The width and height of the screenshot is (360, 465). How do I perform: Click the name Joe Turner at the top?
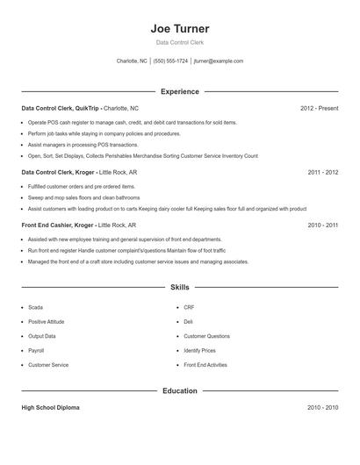[x=180, y=29]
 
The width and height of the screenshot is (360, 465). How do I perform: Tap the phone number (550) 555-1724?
[x=170, y=61]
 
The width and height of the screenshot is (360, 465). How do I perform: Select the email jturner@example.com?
[x=219, y=61]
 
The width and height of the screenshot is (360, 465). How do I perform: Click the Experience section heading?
[x=180, y=91]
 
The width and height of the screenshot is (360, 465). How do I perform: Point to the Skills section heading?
[x=180, y=287]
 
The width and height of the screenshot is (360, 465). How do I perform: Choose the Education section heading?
[x=180, y=390]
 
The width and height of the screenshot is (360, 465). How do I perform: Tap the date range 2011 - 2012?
[x=322, y=173]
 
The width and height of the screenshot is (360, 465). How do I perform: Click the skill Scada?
[x=35, y=308]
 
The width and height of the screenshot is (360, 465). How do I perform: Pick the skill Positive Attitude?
[x=46, y=322]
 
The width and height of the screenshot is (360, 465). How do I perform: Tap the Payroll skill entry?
[x=37, y=350]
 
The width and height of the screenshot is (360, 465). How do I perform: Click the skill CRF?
[x=189, y=308]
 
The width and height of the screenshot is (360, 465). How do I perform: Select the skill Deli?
[x=188, y=322]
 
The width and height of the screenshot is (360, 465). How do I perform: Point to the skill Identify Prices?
[x=199, y=350]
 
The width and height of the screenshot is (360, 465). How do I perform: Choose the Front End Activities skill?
[x=205, y=364]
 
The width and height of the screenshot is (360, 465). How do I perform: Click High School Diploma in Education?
[x=51, y=408]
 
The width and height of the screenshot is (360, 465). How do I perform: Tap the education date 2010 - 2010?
[x=322, y=408]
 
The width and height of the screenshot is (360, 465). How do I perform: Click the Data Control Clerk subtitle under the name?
[x=180, y=42]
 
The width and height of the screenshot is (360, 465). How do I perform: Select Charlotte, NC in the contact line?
[x=132, y=61]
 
